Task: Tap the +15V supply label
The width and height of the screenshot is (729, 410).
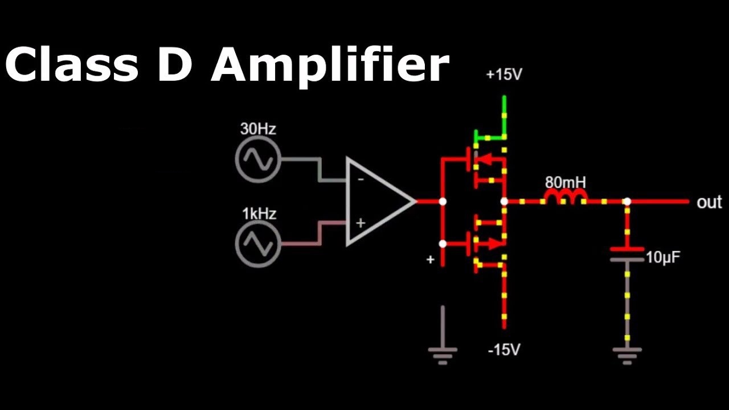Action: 504,75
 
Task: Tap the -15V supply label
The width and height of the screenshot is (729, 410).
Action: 504,349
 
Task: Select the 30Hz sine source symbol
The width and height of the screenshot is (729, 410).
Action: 257,159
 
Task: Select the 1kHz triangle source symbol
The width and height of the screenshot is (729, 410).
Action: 257,244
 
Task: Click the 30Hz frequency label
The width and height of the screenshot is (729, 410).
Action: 258,129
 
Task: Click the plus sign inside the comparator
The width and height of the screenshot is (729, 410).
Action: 360,223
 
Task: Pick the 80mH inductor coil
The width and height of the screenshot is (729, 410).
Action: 566,198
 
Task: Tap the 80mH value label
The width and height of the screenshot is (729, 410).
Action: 565,183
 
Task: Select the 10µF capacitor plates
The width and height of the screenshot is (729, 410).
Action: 627,254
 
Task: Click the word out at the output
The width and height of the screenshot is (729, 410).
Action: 709,203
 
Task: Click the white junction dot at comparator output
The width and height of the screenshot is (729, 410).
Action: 443,202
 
